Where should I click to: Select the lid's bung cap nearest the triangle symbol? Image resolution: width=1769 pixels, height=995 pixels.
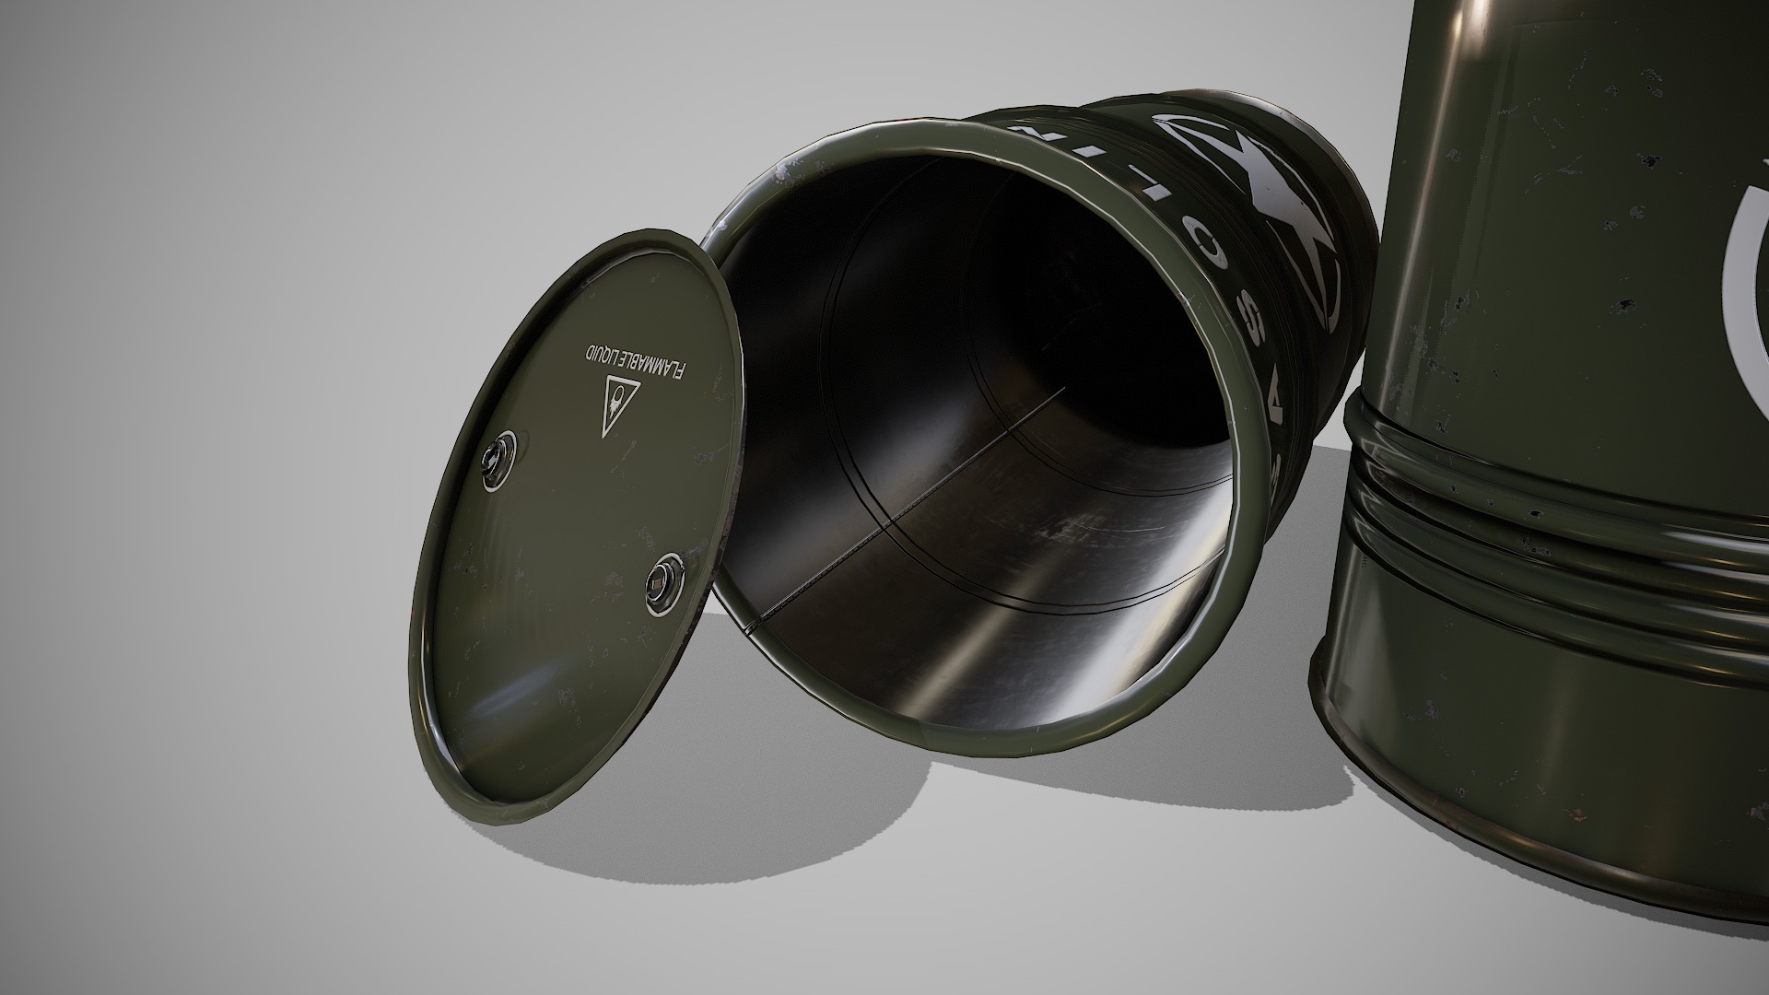pos(501,457)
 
